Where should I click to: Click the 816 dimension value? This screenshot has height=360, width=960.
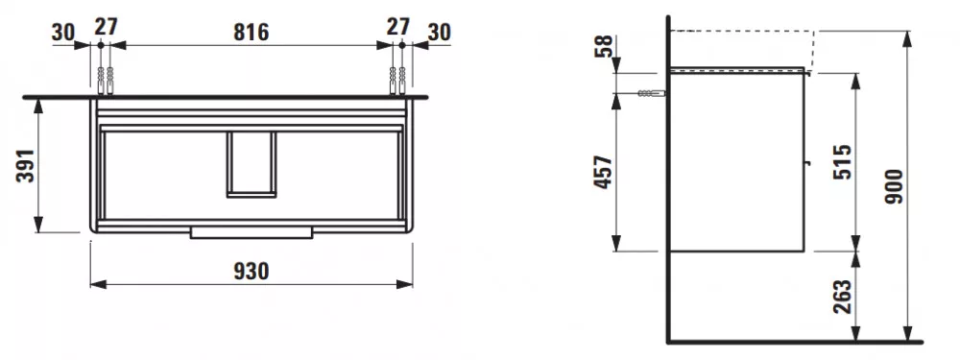251,32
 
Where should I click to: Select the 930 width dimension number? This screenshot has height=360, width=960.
251,271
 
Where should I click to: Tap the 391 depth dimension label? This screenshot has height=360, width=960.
25,165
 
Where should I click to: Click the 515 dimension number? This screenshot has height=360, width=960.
843,162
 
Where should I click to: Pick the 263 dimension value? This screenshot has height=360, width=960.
843,297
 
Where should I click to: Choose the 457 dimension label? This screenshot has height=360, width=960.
604,172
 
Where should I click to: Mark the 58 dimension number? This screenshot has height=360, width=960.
604,46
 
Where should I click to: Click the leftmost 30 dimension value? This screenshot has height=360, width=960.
62,32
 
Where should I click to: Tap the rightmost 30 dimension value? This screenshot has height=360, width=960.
439,32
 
